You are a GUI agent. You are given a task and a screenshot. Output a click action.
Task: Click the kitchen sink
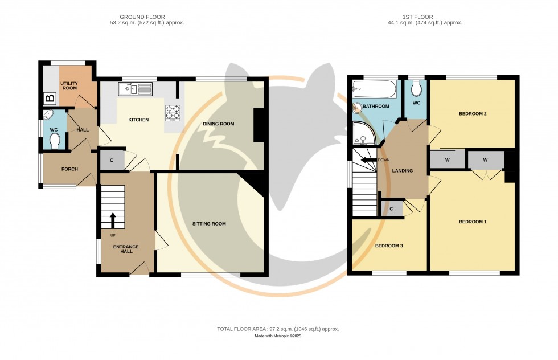[x=135, y=89]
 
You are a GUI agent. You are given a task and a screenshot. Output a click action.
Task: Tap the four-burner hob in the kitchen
[x=173, y=112]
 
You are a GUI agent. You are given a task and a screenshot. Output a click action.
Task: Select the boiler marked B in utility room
[x=50, y=99]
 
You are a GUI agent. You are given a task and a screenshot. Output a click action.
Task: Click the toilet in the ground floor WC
[x=55, y=140]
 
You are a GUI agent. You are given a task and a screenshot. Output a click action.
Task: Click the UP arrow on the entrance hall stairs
[x=113, y=219]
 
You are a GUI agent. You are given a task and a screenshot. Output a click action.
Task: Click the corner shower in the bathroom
[x=362, y=133]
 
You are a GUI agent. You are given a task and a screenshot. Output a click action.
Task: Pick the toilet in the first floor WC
[x=416, y=88]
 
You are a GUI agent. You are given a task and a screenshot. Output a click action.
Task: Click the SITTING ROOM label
[x=209, y=224]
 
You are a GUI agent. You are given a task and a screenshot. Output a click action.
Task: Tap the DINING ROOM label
[x=219, y=124]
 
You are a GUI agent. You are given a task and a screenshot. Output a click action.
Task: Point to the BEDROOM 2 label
[x=473, y=114]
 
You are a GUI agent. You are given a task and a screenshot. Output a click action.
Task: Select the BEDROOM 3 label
[x=389, y=246]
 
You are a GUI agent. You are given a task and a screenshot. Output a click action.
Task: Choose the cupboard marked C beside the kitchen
[x=112, y=161]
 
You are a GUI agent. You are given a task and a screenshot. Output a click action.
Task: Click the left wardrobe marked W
[x=447, y=160]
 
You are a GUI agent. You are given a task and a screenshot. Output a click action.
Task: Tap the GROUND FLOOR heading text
[x=147, y=17]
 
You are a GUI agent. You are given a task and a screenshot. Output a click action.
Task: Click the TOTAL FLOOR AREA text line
[x=278, y=329]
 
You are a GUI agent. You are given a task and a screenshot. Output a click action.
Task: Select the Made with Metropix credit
[x=278, y=336]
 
